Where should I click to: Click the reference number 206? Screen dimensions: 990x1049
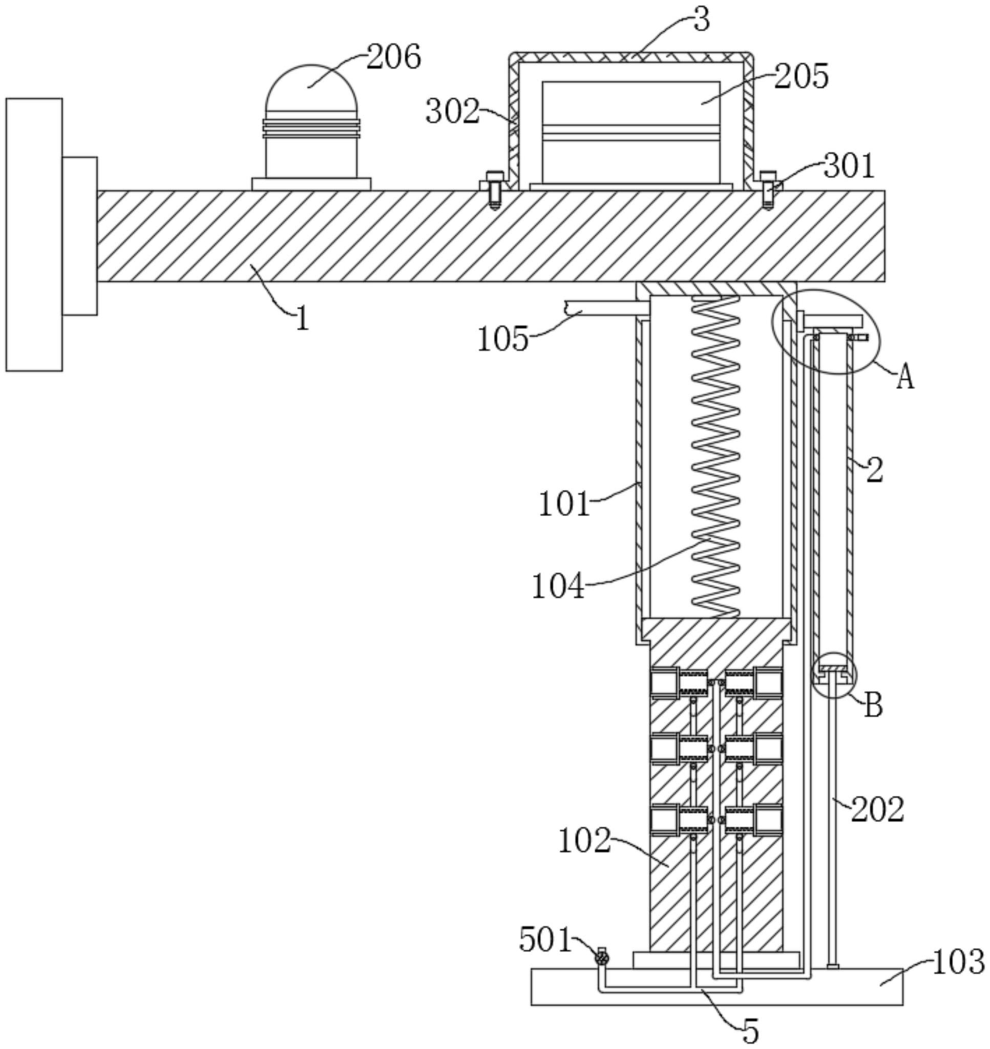pos(394,56)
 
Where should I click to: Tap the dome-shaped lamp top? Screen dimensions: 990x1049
pos(312,88)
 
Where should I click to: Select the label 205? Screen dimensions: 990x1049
pos(801,76)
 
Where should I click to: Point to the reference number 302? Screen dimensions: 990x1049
pos(453,111)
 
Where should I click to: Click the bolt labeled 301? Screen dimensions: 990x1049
pos(768,190)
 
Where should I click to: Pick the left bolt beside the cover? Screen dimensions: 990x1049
pos(494,190)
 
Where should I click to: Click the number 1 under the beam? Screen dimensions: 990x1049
pos(302,319)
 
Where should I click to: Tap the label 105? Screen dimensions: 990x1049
pos(503,338)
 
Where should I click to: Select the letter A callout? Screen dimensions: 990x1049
pos(905,378)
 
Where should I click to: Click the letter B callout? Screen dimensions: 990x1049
pos(874,705)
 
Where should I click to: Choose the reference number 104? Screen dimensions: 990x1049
pos(558,586)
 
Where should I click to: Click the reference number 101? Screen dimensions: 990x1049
pos(563,504)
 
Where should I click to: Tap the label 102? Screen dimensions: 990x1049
pos(584,840)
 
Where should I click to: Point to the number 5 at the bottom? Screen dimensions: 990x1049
pos(751,1030)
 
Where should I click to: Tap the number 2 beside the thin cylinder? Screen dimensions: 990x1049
pos(874,470)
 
